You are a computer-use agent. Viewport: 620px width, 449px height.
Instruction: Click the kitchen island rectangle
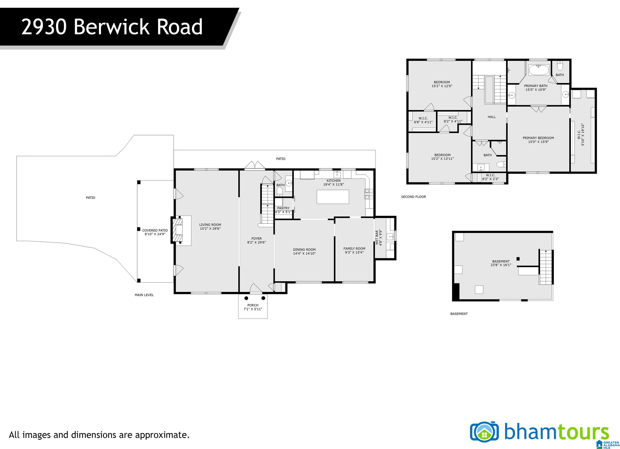coord(333,197)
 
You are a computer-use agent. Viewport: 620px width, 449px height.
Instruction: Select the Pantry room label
coord(283,208)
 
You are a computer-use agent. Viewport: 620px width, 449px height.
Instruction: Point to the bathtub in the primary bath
coord(539,70)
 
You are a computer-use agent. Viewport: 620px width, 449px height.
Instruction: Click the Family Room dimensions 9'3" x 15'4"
coord(354,252)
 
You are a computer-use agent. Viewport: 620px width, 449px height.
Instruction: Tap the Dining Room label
coord(304,249)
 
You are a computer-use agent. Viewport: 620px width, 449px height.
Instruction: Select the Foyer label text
coord(257,239)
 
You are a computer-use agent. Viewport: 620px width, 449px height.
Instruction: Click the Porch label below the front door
coord(253,305)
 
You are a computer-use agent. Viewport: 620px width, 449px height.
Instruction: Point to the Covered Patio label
coord(155,230)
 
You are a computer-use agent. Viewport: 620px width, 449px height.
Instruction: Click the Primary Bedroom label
coord(538,138)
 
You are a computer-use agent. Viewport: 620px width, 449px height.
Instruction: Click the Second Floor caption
coord(414,197)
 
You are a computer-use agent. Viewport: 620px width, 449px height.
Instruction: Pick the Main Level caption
coord(144,295)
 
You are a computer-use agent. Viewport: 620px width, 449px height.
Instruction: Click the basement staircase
coord(546,267)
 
